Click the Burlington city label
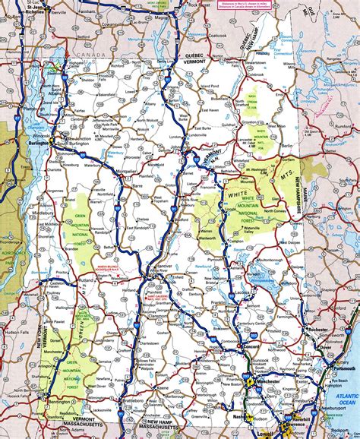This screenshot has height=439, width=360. [x=37, y=142]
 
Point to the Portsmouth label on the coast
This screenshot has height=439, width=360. [x=340, y=349]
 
